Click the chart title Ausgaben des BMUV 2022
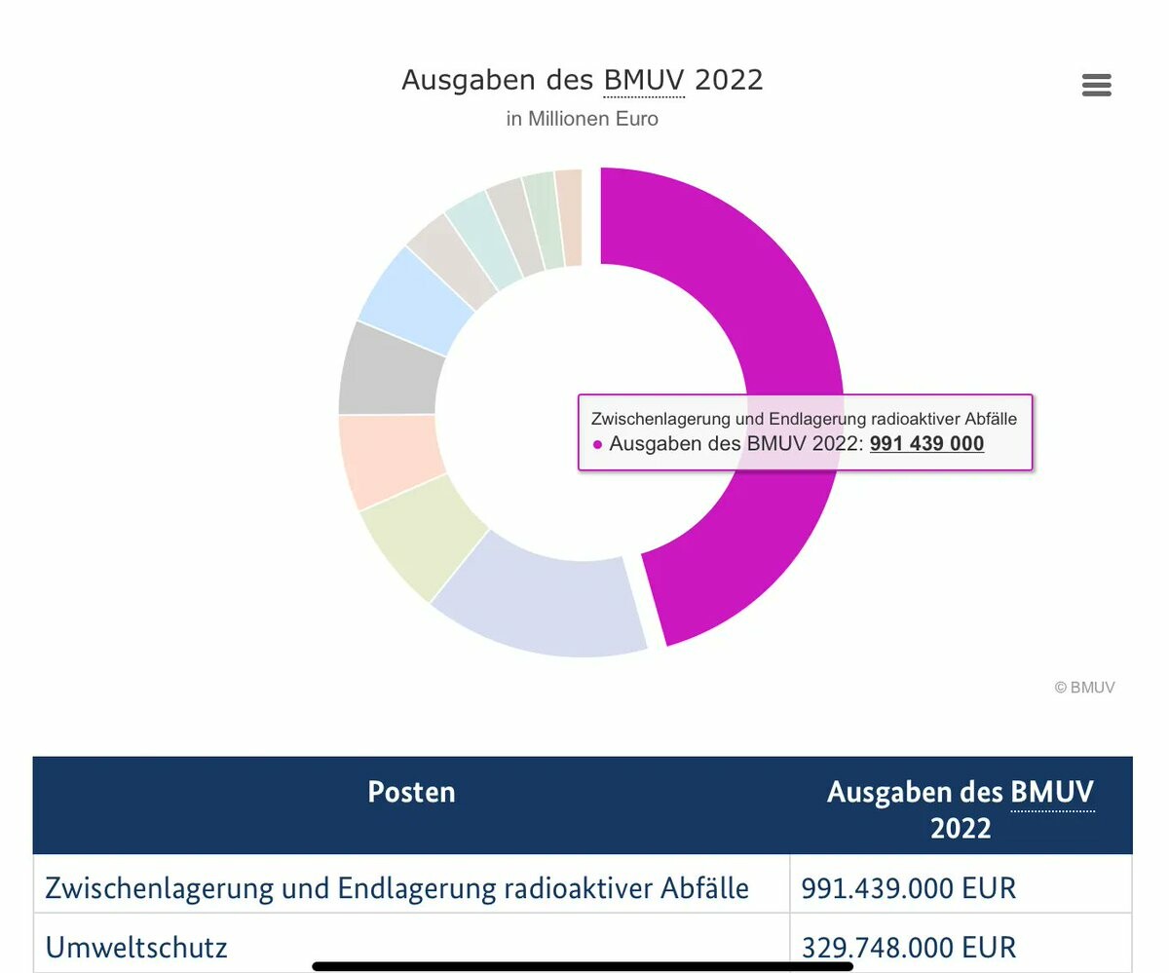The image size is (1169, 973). coord(582,80)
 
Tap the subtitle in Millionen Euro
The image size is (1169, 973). coord(582,119)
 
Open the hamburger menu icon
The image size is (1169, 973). coord(1096,86)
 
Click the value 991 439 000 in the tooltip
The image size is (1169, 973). coord(926,444)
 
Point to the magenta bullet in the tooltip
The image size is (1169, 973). coord(597,445)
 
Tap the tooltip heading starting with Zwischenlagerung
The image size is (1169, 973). coord(804,419)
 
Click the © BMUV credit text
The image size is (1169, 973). coord(1084,688)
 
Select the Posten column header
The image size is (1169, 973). coord(411,792)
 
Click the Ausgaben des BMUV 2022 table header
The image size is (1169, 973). coord(960,808)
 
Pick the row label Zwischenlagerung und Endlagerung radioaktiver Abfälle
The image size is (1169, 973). coord(396,888)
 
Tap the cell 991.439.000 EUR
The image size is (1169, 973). coord(908,888)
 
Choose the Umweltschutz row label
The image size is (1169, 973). coord(136,947)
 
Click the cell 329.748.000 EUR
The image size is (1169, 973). coord(908,947)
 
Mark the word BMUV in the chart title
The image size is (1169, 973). coord(644,80)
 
